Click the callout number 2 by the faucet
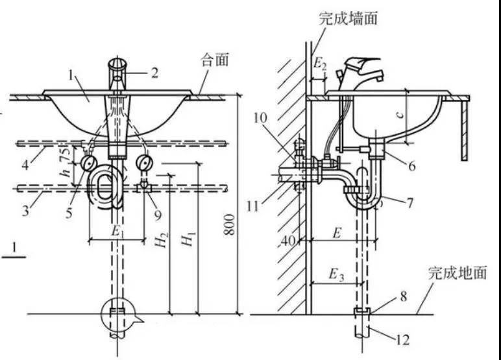point(154,72)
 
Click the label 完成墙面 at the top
point(348,19)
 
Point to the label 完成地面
point(457,273)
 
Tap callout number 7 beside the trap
point(408,202)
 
